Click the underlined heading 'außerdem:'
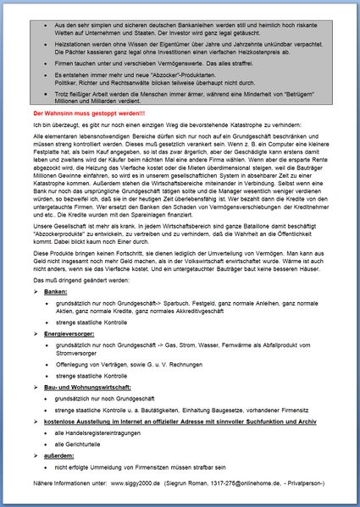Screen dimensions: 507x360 click(x=60, y=455)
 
